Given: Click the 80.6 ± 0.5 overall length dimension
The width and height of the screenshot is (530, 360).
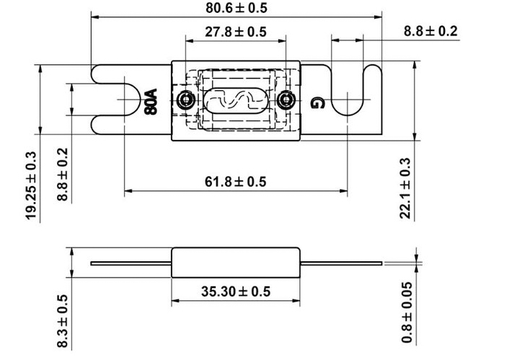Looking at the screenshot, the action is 237,8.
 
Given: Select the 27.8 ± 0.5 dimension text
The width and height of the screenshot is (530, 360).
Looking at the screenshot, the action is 236,32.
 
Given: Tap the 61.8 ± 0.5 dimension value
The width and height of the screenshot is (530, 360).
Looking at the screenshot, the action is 236,182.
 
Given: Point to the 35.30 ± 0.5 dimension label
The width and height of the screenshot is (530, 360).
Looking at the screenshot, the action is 236,291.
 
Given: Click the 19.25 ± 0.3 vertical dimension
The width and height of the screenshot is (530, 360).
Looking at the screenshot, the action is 31,185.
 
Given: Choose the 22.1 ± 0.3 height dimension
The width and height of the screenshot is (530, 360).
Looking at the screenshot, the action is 405,188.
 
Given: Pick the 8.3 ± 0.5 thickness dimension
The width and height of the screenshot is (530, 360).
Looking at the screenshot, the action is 63,321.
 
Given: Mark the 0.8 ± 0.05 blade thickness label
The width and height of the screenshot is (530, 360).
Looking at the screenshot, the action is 407,312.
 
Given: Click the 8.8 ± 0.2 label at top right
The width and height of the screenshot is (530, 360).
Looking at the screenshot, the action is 430,31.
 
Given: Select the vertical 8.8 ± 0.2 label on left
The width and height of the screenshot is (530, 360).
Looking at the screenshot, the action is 63,175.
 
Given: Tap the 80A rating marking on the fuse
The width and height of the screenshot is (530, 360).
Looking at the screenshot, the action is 151,102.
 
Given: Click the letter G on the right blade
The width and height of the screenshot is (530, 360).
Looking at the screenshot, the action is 317,102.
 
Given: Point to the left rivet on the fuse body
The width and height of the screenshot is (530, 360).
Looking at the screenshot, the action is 185,100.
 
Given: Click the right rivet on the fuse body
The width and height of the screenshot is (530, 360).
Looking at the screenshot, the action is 286,100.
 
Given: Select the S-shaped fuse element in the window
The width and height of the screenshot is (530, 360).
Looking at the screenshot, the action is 235,100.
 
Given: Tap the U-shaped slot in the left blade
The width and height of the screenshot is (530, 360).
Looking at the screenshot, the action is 140,100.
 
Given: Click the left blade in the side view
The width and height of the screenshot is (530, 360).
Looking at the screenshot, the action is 131,263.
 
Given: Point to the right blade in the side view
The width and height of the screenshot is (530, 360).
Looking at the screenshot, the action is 341,263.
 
